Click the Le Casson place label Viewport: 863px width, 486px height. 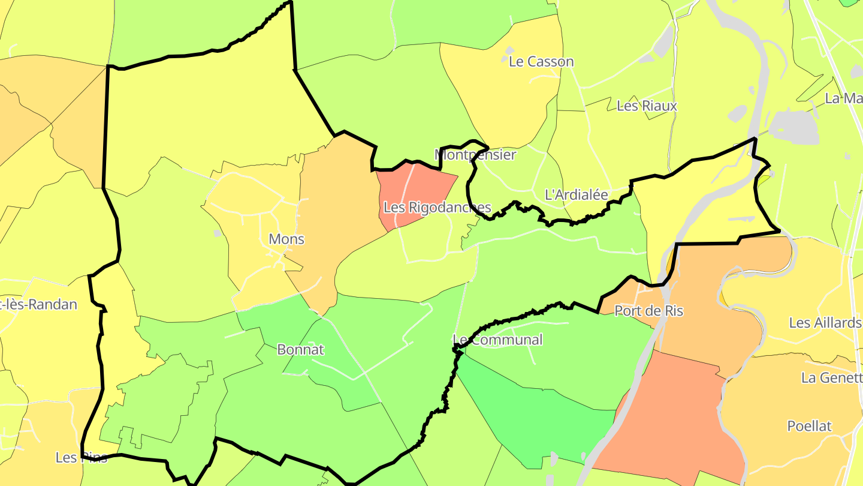click(541, 62)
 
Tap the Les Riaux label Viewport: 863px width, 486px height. click(647, 106)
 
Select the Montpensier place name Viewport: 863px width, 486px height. click(475, 155)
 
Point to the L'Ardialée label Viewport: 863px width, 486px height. click(576, 195)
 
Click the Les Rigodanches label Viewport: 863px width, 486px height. click(437, 208)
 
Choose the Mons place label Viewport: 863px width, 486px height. click(286, 239)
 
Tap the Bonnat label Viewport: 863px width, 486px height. click(300, 350)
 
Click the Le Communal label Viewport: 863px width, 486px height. click(498, 340)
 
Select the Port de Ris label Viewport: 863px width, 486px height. click(649, 311)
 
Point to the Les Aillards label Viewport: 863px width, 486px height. click(825, 323)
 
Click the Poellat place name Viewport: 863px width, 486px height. click(810, 427)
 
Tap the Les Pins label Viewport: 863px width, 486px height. click(82, 458)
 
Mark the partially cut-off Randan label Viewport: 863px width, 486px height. click(39, 305)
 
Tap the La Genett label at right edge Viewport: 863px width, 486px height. click(831, 378)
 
